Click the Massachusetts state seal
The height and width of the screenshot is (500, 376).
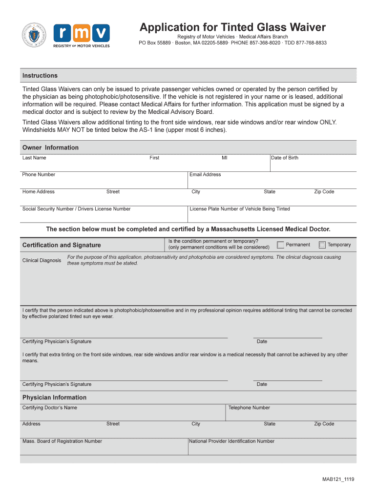(34, 35)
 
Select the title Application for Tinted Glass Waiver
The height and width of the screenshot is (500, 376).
(232, 27)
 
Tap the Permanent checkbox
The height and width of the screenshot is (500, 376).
(280, 245)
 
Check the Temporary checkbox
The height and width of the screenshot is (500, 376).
(322, 245)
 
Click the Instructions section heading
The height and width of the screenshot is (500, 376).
(40, 76)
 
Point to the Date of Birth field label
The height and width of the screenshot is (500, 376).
(285, 158)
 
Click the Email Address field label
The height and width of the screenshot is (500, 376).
(205, 175)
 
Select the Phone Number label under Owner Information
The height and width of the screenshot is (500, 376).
(39, 175)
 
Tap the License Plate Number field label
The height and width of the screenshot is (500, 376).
(240, 209)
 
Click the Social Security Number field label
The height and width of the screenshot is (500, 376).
(76, 209)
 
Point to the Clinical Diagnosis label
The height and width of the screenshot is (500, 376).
(42, 260)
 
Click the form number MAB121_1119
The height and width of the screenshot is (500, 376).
(338, 479)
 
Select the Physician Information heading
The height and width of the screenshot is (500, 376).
(54, 397)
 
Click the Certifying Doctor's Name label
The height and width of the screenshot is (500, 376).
(49, 408)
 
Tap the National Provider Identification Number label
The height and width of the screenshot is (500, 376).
(232, 441)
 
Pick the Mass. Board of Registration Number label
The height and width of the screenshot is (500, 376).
(62, 441)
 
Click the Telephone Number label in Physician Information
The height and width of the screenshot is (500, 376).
(249, 408)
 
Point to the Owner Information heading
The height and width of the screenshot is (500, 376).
(50, 147)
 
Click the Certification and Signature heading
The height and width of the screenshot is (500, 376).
(62, 245)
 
